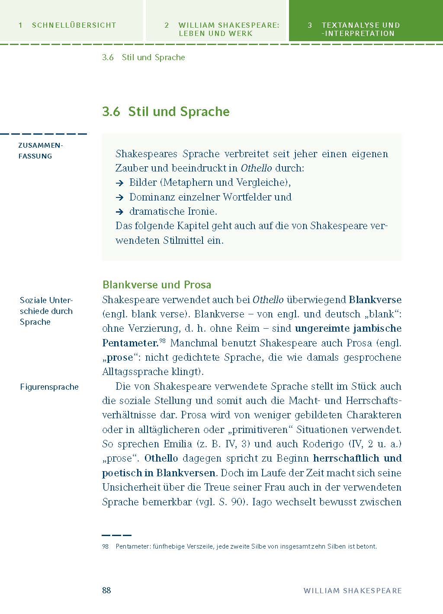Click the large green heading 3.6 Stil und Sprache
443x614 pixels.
click(x=166, y=112)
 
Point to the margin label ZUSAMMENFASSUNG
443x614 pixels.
click(x=41, y=151)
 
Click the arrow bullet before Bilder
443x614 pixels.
click(x=120, y=183)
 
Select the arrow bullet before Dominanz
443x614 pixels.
click(x=120, y=197)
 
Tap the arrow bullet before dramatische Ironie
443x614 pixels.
click(x=120, y=212)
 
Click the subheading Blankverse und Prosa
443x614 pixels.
click(x=157, y=284)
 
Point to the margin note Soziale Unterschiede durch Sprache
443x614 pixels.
click(x=46, y=311)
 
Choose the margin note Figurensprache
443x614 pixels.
click(x=49, y=387)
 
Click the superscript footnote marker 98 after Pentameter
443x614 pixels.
click(x=162, y=341)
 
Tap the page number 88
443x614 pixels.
click(x=106, y=590)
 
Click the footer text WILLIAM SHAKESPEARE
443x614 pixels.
click(x=353, y=591)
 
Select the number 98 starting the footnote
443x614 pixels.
click(x=106, y=546)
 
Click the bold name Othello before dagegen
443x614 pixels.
click(x=161, y=458)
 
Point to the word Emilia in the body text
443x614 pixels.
click(x=177, y=444)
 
